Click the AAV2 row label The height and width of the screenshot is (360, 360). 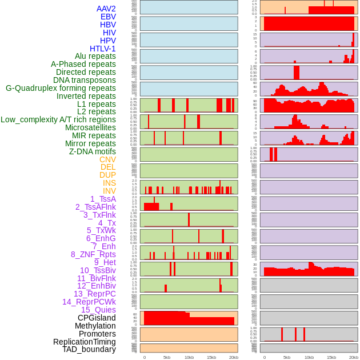(106, 9)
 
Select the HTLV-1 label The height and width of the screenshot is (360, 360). (102, 49)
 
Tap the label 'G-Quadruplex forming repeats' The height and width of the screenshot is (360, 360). (61, 88)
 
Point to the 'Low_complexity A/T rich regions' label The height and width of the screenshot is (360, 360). (58, 119)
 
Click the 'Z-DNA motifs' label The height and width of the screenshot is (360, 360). (92, 151)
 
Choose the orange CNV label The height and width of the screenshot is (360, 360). (107, 159)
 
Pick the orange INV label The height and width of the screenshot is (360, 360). (109, 191)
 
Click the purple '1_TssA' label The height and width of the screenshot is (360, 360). (103, 199)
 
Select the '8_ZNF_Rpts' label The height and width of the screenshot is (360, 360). (93, 254)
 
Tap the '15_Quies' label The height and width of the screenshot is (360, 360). (98, 310)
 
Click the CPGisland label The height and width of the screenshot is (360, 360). (97, 318)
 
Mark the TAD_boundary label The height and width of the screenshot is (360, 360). (89, 349)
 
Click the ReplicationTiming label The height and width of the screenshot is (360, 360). (84, 342)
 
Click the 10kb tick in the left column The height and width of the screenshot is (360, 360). (189, 357)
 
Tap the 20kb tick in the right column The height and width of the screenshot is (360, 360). (354, 357)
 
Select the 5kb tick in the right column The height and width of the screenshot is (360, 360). (287, 357)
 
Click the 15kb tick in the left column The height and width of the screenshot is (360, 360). (211, 357)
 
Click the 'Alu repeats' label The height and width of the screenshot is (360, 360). (95, 56)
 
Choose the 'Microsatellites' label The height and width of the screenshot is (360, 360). (90, 127)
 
